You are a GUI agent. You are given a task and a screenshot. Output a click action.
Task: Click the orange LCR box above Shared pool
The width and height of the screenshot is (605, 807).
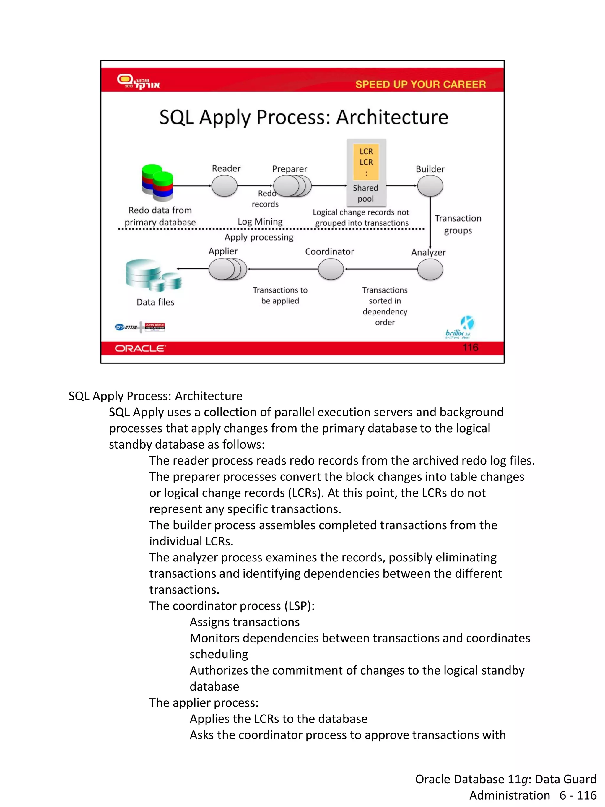tap(366, 162)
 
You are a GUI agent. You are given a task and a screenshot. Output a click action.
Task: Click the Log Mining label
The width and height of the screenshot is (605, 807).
tap(260, 222)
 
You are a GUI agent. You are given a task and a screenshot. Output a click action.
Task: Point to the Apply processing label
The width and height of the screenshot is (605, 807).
tap(258, 237)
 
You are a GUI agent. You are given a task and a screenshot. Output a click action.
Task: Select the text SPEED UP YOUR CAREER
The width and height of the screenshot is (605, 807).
tap(420, 84)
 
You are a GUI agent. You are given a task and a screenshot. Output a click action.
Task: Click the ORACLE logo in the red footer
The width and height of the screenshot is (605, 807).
tap(140, 348)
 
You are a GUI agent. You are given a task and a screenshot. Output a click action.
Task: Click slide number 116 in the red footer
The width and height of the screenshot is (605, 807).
tap(470, 347)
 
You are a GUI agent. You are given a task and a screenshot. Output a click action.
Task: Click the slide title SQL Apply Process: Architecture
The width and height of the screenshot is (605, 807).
tap(303, 118)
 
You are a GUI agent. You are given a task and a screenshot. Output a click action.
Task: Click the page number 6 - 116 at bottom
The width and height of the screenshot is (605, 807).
tap(578, 795)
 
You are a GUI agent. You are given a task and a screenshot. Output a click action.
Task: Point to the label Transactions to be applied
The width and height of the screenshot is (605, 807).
tap(280, 295)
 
